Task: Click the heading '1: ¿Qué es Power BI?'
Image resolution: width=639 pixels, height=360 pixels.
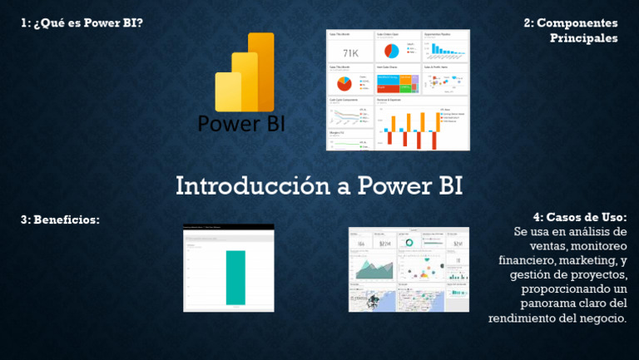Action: coord(82,22)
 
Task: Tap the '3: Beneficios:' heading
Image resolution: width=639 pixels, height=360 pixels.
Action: coord(60,219)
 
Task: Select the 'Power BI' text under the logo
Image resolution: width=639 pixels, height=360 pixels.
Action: coord(241,123)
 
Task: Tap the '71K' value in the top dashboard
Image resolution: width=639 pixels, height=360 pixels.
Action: coord(349,53)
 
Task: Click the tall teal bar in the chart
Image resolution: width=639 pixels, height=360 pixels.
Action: coord(235,277)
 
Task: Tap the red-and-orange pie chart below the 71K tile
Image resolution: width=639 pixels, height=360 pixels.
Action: coord(343,83)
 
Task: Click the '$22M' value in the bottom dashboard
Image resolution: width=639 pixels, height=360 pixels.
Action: coord(385,244)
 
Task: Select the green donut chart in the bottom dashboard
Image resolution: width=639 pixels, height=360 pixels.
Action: coord(409,243)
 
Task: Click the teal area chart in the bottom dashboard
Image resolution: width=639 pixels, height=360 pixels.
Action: coord(373,269)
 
